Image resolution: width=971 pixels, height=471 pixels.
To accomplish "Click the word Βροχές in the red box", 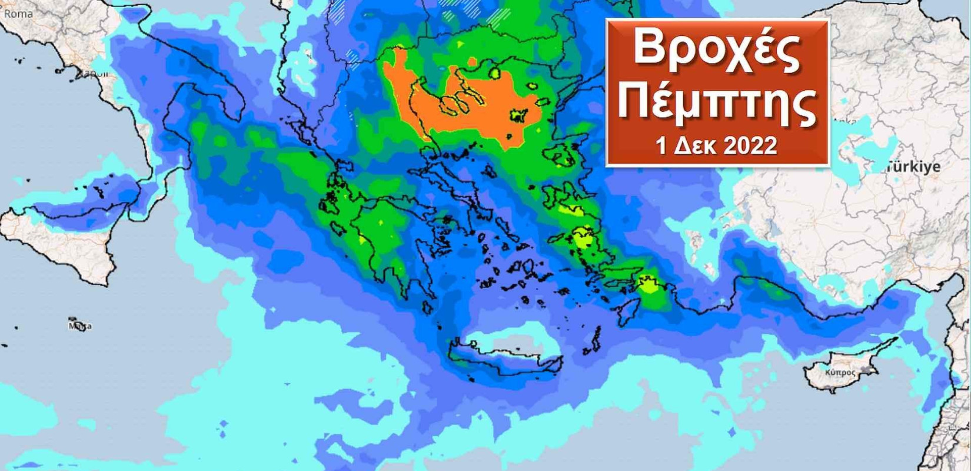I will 717,48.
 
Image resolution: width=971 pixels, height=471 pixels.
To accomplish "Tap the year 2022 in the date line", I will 749,145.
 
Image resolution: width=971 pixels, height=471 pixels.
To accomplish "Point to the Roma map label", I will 18,14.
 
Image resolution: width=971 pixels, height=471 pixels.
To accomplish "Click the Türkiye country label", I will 913,167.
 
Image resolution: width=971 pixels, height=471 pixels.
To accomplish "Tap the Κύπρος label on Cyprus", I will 839,373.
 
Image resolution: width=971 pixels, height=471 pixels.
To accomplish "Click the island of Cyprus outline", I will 847,365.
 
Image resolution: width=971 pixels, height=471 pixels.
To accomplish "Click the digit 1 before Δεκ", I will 661,145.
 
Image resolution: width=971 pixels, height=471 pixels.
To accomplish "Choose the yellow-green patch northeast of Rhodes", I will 649,285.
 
